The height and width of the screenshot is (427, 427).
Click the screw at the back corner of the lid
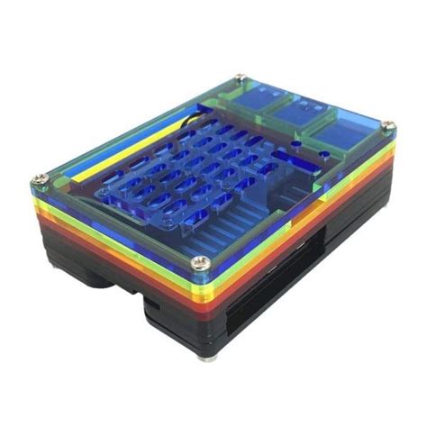click(241, 79)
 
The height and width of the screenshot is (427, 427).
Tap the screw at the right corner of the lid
click(387, 125)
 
